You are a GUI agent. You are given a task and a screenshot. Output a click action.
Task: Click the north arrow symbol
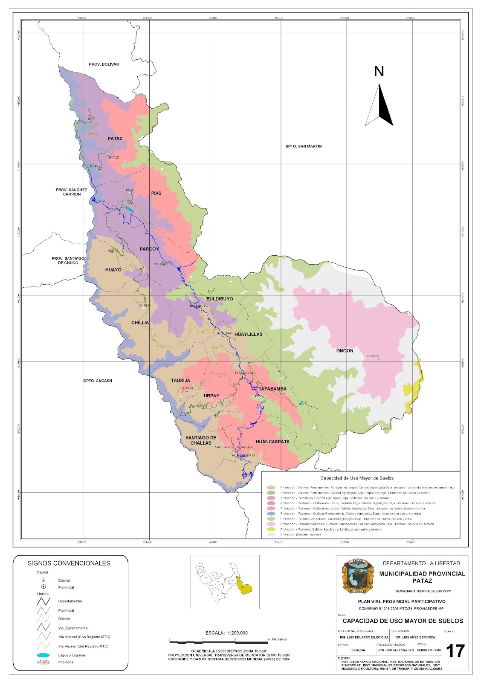click(379, 105)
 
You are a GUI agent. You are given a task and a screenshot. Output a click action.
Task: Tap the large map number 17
click(455, 651)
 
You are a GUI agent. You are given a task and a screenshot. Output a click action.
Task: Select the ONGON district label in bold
click(345, 351)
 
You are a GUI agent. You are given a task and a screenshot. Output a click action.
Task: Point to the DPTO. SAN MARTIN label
click(304, 146)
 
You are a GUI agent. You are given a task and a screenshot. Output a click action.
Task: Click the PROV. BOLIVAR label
click(104, 64)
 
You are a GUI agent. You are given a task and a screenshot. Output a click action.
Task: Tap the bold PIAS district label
click(156, 193)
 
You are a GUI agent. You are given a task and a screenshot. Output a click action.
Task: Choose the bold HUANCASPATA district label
click(272, 442)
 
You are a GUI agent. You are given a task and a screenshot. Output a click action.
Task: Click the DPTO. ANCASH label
click(98, 381)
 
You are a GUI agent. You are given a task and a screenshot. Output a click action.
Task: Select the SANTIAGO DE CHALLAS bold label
click(201, 440)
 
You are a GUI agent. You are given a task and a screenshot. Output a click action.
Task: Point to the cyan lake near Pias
click(129, 210)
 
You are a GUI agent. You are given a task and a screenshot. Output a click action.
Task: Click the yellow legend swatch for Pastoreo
click(271, 529)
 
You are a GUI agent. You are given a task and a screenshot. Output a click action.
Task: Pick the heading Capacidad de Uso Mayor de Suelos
click(357, 478)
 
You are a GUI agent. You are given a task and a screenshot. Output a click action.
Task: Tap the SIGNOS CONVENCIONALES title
click(69, 563)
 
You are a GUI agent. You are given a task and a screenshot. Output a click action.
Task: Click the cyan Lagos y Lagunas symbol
click(43, 655)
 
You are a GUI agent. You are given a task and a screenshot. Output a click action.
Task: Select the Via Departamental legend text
click(73, 628)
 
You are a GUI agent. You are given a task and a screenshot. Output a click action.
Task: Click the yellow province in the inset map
click(244, 587)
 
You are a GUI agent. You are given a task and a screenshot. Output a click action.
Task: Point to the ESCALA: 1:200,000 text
click(226, 633)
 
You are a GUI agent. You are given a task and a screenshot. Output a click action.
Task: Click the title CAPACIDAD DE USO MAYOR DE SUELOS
click(403, 621)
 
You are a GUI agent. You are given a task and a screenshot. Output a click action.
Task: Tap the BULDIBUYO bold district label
click(220, 299)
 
